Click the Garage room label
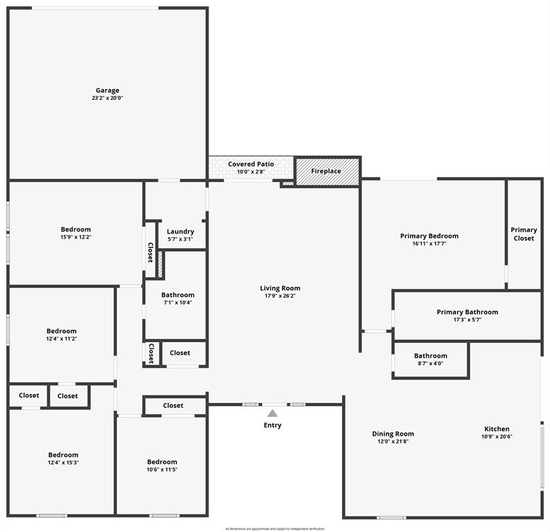[107, 90]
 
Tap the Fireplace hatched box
[327, 172]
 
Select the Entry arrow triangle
[273, 414]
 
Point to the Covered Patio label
[251, 164]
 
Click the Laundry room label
[181, 231]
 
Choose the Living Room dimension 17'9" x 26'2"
[280, 296]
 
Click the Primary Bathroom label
[467, 312]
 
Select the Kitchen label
[497, 429]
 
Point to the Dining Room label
[393, 434]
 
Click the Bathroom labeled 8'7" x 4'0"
[430, 356]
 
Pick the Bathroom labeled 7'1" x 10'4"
[178, 294]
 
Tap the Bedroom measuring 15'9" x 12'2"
[76, 229]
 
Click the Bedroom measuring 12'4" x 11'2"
[62, 331]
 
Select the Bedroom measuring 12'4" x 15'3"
[62, 455]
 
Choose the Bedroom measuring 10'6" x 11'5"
[162, 462]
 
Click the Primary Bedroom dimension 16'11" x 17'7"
[429, 244]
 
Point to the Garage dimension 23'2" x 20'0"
[107, 98]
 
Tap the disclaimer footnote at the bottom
[274, 529]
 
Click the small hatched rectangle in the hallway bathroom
[160, 265]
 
